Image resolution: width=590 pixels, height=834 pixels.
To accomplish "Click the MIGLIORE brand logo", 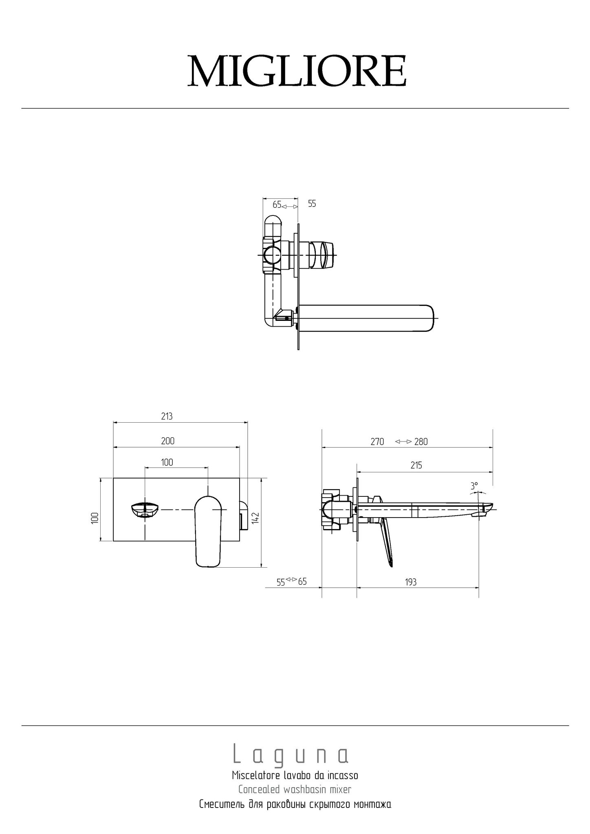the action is [x=297, y=71].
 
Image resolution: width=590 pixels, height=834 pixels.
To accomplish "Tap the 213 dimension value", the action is [x=167, y=416].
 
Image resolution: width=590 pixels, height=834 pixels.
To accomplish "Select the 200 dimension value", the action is [x=168, y=441].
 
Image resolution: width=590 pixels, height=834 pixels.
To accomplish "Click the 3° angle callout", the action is [x=474, y=485].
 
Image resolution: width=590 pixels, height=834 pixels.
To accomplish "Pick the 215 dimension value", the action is [x=416, y=465].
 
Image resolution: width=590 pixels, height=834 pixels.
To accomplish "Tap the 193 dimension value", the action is [x=411, y=582].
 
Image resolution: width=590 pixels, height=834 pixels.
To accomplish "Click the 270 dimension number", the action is [x=377, y=441].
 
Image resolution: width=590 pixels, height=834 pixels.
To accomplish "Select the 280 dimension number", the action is [x=421, y=441].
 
